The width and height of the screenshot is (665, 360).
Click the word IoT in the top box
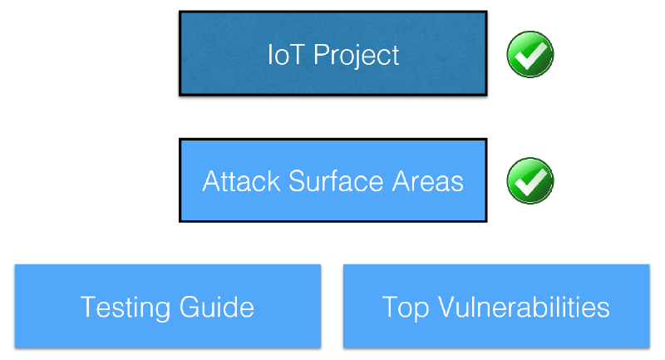pyautogui.click(x=283, y=55)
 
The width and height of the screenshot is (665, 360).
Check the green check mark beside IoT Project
pyautogui.click(x=530, y=55)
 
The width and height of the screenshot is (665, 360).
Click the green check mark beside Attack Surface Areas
pyautogui.click(x=530, y=180)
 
